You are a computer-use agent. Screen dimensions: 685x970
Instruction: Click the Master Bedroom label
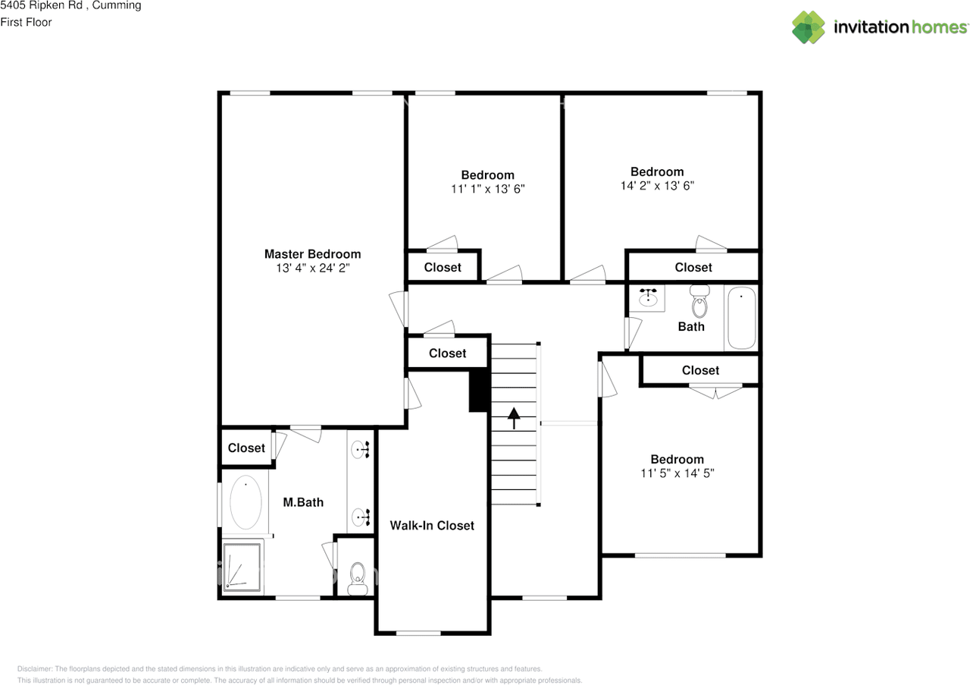click(312, 254)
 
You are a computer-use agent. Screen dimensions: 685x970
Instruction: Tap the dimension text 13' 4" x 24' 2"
click(312, 268)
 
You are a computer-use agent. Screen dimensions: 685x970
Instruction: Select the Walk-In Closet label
click(432, 525)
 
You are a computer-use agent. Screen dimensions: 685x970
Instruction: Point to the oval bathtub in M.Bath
click(246, 502)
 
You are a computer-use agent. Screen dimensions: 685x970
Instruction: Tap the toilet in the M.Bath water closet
click(355, 578)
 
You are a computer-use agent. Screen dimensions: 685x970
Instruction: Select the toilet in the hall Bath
click(699, 303)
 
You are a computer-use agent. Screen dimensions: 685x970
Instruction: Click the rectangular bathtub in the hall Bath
click(741, 317)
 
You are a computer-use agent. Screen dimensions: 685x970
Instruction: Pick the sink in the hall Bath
click(648, 297)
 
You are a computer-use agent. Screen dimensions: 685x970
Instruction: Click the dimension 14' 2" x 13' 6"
click(656, 185)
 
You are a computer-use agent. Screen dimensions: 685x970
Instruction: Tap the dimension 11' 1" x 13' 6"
click(487, 188)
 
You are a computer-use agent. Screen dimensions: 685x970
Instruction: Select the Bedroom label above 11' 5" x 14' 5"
click(677, 459)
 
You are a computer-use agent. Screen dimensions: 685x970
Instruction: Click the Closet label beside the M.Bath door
click(246, 448)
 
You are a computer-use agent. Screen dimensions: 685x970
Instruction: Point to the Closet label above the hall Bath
click(693, 267)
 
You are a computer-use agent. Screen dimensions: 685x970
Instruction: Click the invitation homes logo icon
click(808, 27)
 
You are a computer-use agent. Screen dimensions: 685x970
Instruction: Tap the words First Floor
click(26, 22)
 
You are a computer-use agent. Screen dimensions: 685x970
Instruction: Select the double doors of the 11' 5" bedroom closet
click(715, 391)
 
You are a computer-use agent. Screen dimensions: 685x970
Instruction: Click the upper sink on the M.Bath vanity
click(361, 451)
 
